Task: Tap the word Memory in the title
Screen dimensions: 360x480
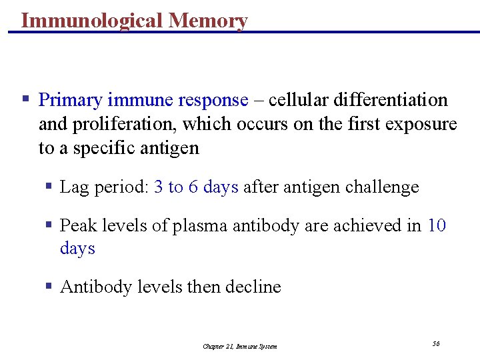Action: coord(208,21)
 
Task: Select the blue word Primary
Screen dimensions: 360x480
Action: coord(70,100)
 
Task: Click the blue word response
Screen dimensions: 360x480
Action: coord(213,100)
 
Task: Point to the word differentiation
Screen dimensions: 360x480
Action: coord(390,100)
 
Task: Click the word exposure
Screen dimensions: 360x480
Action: coord(423,124)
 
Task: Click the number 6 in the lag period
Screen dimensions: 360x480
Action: coord(193,187)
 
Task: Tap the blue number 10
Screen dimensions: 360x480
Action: coord(437,226)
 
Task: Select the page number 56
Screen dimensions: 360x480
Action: coord(436,343)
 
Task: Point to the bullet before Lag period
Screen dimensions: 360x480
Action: coord(49,187)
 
